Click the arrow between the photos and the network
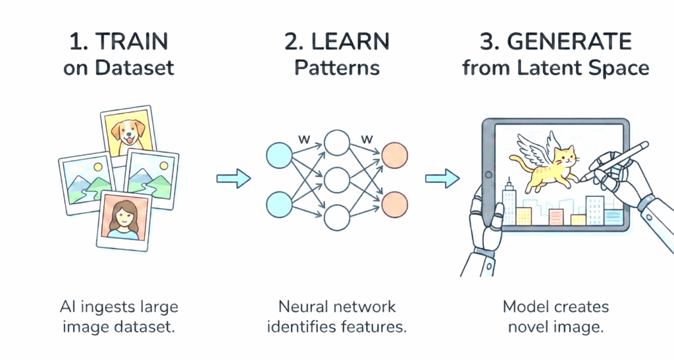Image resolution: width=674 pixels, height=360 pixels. (234, 177)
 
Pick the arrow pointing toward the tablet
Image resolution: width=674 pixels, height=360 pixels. (442, 177)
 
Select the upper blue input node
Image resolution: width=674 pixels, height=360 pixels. (278, 155)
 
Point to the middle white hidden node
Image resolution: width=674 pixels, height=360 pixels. (336, 178)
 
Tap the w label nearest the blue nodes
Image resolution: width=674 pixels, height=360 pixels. (303, 139)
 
